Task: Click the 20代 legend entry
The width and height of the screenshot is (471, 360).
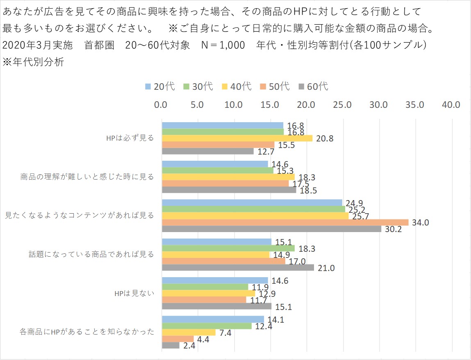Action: [160, 87]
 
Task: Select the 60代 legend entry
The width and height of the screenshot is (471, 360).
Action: [314, 87]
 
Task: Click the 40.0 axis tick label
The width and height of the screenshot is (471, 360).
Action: [451, 105]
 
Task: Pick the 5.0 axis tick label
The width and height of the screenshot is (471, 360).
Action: [198, 105]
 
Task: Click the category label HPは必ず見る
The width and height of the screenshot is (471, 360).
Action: [130, 138]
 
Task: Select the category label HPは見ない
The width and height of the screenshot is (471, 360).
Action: [135, 293]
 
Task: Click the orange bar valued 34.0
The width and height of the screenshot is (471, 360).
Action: [285, 222]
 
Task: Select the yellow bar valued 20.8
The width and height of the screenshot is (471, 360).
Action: [237, 138]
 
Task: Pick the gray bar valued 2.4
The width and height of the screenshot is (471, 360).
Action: [171, 345]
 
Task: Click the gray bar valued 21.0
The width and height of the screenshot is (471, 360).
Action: [238, 267]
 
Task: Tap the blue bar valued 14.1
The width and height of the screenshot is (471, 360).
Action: [213, 319]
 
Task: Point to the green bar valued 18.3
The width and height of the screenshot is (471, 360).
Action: [228, 248]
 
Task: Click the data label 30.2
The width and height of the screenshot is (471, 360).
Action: [393, 229]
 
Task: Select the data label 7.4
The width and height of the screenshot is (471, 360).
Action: [225, 333]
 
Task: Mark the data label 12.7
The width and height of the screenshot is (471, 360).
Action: [266, 152]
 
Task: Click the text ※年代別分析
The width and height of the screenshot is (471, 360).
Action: [33, 63]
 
